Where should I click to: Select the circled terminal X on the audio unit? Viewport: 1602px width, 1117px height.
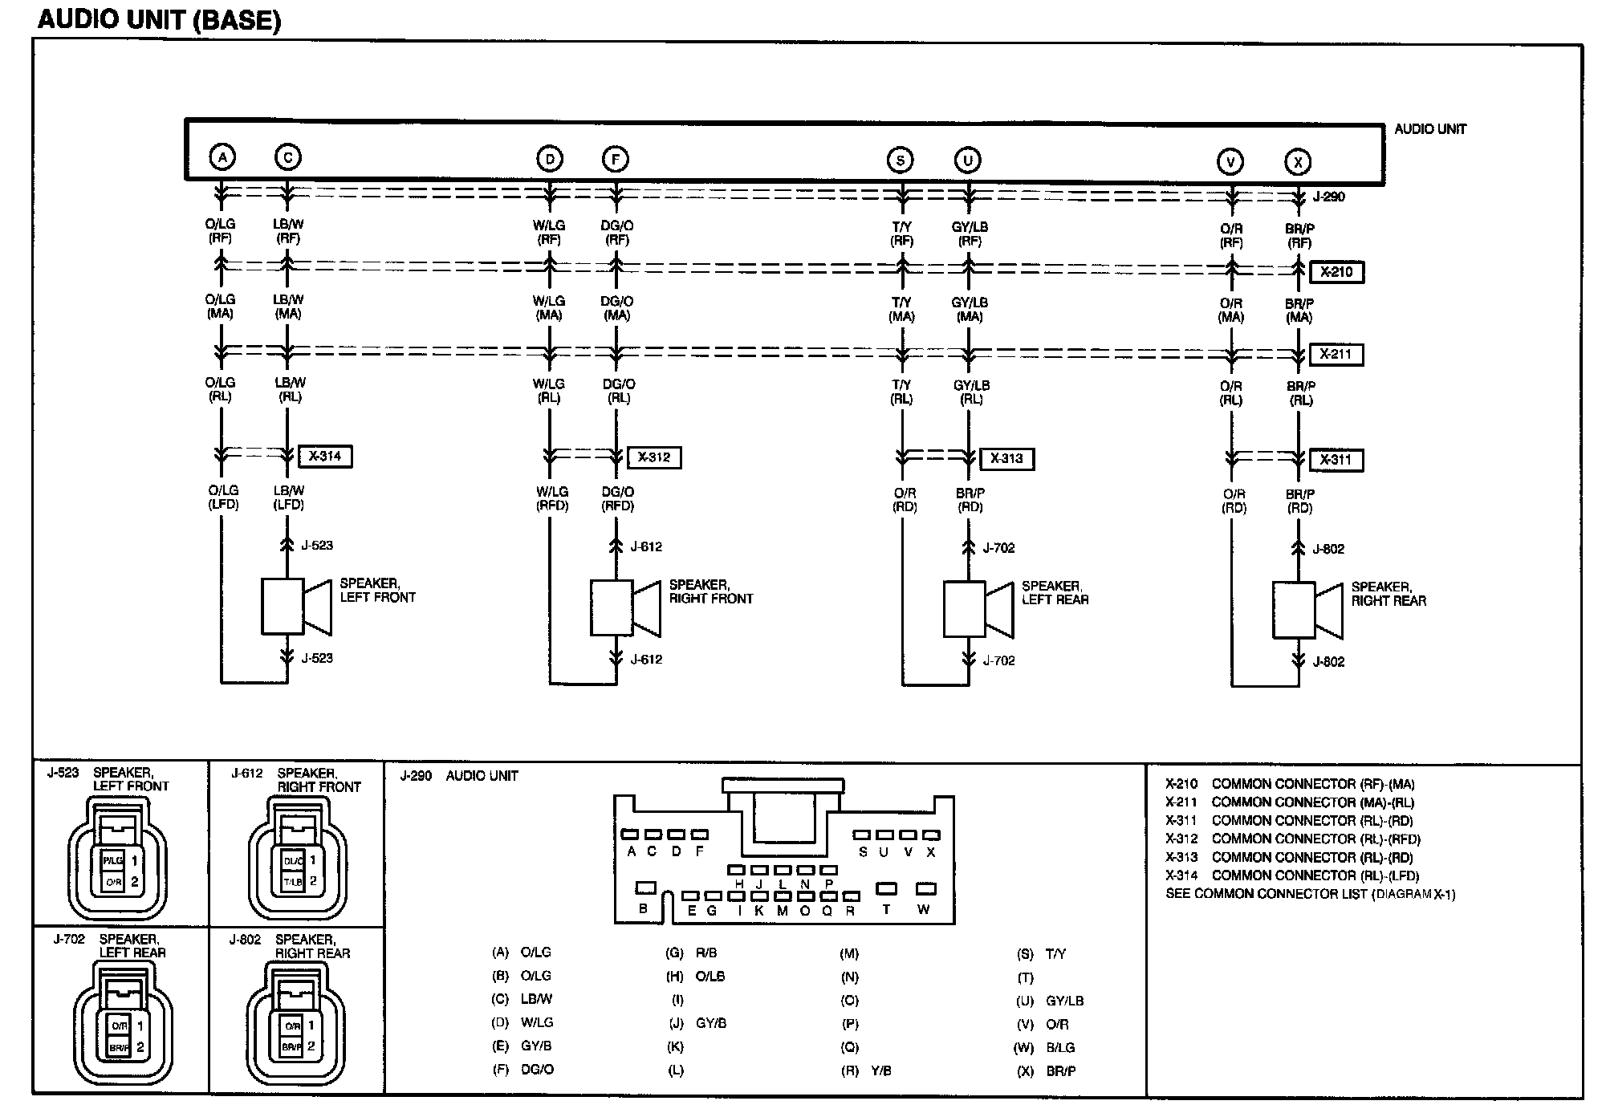pos(1297,162)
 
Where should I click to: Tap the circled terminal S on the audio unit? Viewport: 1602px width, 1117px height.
pos(901,160)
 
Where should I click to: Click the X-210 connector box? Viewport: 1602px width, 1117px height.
pos(1336,272)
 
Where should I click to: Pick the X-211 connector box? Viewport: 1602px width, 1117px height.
pos(1336,354)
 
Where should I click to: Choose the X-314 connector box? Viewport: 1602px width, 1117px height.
pos(325,457)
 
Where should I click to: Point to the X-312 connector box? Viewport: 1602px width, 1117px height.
pos(654,457)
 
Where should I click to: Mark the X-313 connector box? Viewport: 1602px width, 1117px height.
pos(1006,459)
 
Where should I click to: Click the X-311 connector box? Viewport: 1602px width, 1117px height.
pos(1336,460)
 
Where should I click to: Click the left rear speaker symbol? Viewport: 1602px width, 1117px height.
pos(977,609)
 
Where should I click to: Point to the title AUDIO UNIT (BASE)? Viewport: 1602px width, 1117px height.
pos(159,20)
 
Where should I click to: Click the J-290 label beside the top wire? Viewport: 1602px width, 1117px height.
pos(1328,197)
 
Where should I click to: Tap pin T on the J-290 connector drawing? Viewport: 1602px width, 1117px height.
pos(886,889)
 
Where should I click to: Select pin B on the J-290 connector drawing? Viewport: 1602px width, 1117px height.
pos(644,888)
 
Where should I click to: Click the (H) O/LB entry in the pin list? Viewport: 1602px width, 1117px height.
pos(696,977)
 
